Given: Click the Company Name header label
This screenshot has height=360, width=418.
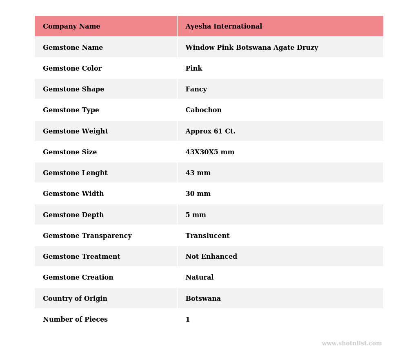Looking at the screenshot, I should (x=71, y=27).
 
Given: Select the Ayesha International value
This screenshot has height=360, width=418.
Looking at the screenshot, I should (x=224, y=27).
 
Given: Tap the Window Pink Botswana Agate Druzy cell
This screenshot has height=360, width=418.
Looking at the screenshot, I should (x=251, y=48).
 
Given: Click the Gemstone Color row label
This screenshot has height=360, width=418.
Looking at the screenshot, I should (x=72, y=69).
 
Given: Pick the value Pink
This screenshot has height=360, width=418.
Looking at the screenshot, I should (x=193, y=69).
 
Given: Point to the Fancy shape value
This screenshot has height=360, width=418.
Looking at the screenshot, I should (x=196, y=89).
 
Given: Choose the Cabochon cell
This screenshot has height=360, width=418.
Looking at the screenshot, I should (x=203, y=110).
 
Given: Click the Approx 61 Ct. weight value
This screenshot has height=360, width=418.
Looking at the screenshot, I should (x=210, y=131).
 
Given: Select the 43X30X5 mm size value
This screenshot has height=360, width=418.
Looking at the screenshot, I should (x=210, y=152).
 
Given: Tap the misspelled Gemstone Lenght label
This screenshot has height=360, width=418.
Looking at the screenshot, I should (x=75, y=173).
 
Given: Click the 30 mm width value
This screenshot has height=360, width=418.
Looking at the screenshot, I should (x=198, y=194).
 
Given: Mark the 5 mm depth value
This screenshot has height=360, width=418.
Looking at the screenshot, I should (x=196, y=215).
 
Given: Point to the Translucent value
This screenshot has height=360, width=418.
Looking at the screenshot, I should (x=207, y=236).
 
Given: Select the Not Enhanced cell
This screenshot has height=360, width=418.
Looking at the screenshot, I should (x=211, y=257).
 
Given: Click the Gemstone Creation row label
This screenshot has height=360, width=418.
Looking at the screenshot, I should (x=78, y=278).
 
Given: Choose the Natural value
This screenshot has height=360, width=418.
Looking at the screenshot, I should (x=199, y=278).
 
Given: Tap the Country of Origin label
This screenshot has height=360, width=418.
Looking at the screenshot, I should (x=75, y=299).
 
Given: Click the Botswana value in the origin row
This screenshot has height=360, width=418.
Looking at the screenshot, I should (x=203, y=299).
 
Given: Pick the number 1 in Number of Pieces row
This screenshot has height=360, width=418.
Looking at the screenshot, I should (x=188, y=320).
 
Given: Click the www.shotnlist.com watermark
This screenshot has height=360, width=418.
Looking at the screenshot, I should (x=351, y=344).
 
